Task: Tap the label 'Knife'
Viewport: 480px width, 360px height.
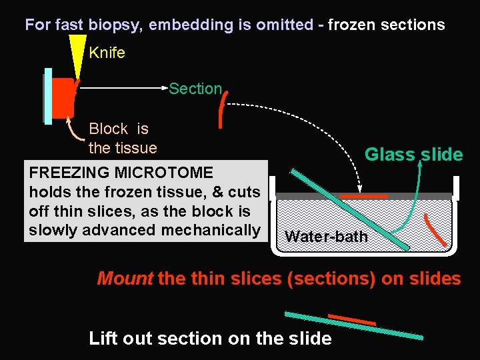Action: point(107,53)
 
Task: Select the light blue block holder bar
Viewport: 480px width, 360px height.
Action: point(48,96)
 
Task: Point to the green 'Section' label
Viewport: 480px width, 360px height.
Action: point(195,89)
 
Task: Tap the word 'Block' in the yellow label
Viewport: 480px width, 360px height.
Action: point(109,129)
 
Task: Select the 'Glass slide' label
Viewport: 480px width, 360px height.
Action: point(413,155)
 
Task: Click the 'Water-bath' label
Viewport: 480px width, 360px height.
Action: point(326,237)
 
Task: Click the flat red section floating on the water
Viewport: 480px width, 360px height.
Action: point(363,196)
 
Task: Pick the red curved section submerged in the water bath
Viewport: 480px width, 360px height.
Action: point(437,229)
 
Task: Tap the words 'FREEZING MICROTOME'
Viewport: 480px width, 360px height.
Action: point(121,173)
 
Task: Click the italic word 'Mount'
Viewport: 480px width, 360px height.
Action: point(125,279)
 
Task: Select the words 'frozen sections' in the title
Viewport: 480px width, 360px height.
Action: point(386,25)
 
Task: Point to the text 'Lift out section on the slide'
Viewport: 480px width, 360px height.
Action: point(210,339)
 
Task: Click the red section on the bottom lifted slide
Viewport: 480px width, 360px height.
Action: point(351,319)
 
